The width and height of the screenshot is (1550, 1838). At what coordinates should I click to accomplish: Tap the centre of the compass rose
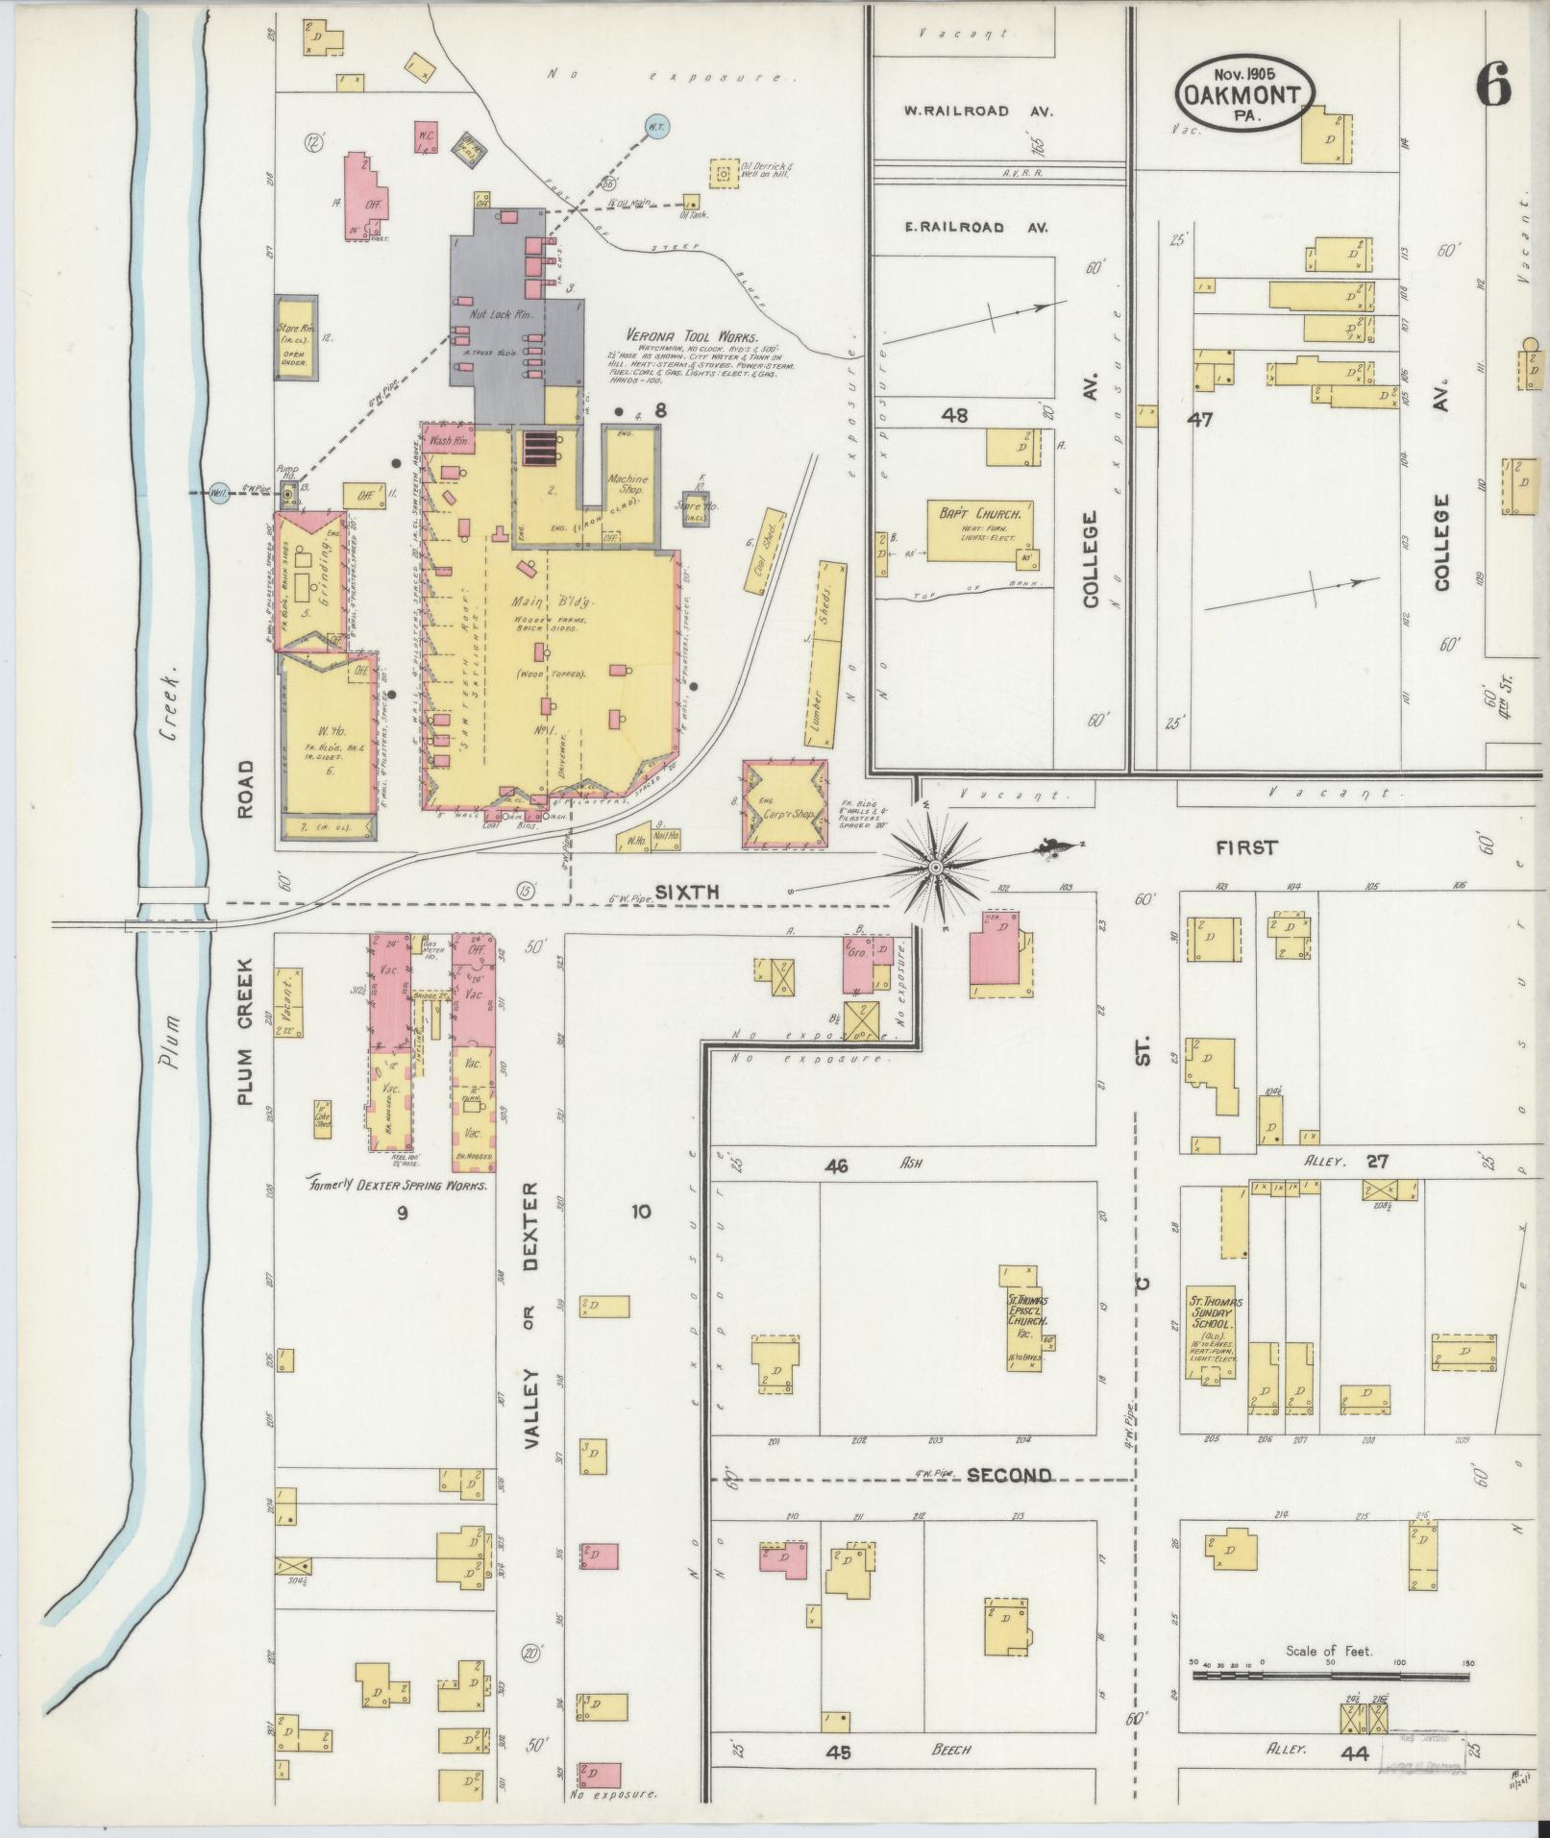[933, 867]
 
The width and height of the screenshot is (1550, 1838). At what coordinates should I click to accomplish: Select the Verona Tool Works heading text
[691, 337]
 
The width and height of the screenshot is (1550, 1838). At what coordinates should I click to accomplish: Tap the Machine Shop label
[628, 484]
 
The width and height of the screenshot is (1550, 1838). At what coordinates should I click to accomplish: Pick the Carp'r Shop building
[784, 804]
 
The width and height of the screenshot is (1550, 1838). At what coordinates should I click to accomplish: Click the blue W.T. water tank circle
[656, 126]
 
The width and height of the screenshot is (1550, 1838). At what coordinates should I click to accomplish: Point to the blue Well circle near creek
[220, 493]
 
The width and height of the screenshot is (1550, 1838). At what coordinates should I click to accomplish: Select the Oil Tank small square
[690, 202]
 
